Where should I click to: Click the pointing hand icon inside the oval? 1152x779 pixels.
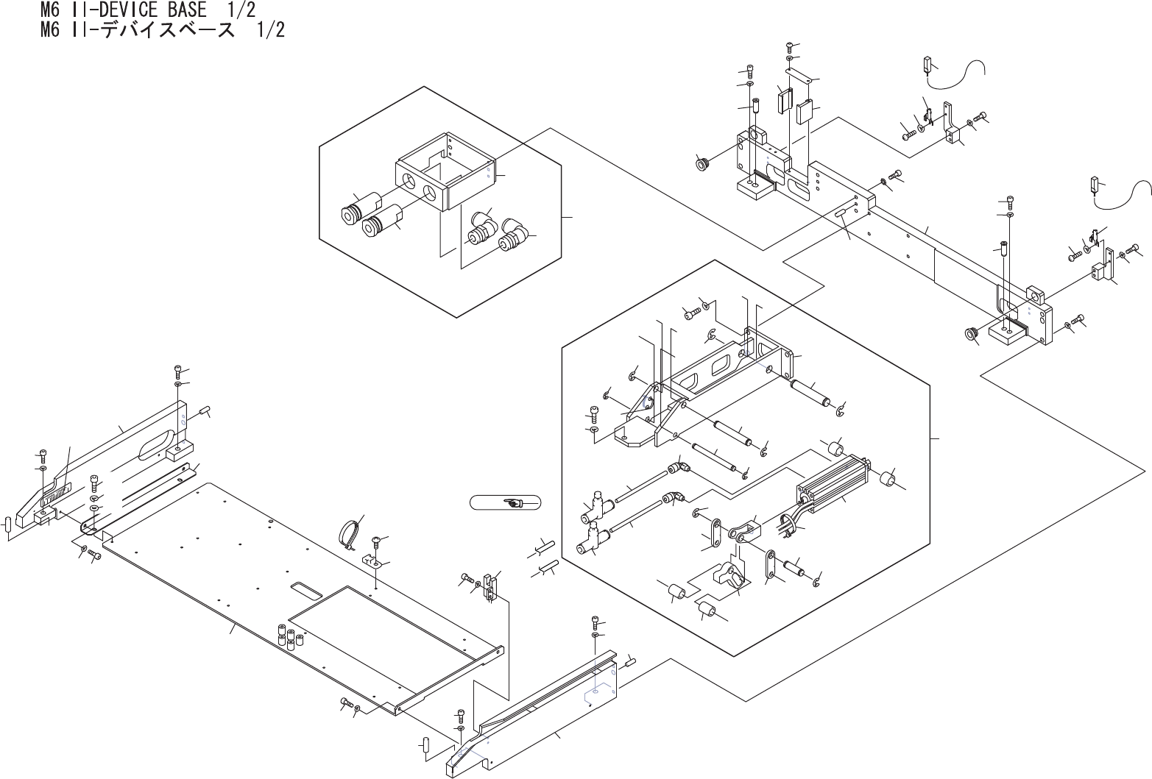(x=514, y=503)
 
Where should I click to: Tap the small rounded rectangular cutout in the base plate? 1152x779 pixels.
(x=306, y=589)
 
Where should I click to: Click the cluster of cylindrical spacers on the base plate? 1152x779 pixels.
(x=288, y=636)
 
